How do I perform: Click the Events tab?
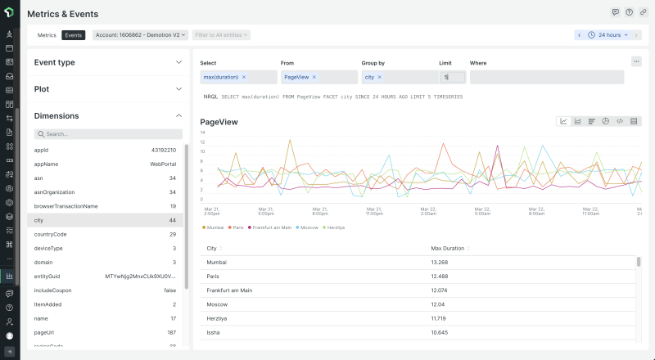(x=74, y=35)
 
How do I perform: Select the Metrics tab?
(x=47, y=35)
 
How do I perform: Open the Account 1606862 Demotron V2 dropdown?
(x=141, y=35)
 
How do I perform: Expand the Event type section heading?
(x=55, y=62)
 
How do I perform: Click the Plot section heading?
(x=43, y=88)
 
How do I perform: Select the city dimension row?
(x=106, y=220)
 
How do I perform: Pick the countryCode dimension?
(x=106, y=234)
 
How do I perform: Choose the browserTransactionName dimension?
(x=106, y=206)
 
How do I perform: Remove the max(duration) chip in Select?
(x=243, y=77)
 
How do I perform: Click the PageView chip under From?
(x=296, y=77)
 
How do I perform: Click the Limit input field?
(x=453, y=77)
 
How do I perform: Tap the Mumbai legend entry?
(x=215, y=227)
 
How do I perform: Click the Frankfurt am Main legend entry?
(x=271, y=227)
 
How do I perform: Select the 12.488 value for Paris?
(x=440, y=277)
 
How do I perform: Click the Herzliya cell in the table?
(x=217, y=318)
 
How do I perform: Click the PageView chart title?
(x=219, y=122)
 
